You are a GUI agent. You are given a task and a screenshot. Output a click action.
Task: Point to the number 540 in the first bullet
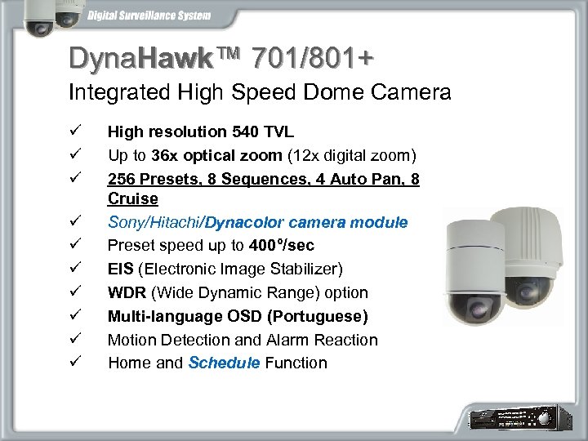coord(244,131)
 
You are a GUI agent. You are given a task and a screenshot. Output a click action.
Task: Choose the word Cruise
coord(132,198)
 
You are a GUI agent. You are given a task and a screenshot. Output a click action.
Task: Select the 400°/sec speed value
coord(282,245)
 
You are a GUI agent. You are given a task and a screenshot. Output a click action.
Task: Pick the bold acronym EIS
coord(121,269)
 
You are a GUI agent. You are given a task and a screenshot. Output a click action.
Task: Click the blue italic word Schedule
coord(224,363)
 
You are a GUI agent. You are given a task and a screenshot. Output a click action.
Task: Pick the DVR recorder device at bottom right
coord(523,418)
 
